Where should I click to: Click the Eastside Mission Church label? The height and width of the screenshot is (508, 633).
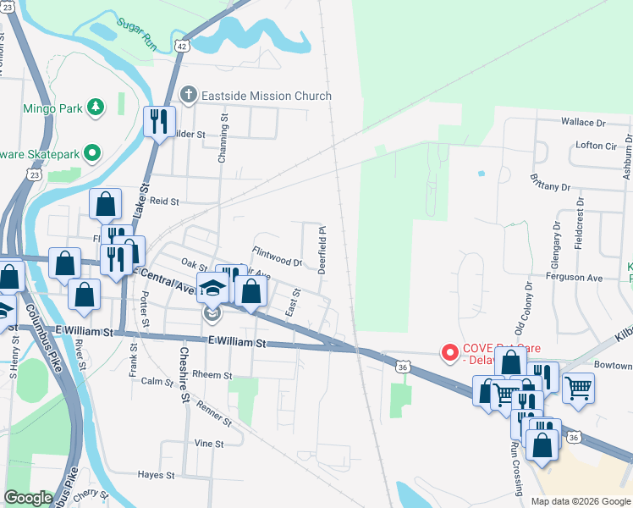pos(267,96)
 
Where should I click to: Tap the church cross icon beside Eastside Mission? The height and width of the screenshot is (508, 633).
pos(190,95)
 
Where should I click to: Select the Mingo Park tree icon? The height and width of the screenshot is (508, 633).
pos(96,107)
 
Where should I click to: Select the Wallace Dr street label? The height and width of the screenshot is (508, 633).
pos(585,122)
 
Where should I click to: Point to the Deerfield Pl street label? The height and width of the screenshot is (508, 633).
pos(322,248)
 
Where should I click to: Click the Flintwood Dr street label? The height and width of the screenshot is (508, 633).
pos(277,257)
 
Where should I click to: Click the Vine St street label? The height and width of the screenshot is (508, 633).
pos(208,444)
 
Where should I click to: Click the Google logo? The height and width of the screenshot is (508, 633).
pos(28,498)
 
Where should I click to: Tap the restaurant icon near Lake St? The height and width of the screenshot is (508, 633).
pos(158,122)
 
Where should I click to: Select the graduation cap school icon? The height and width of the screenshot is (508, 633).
pos(212,289)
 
